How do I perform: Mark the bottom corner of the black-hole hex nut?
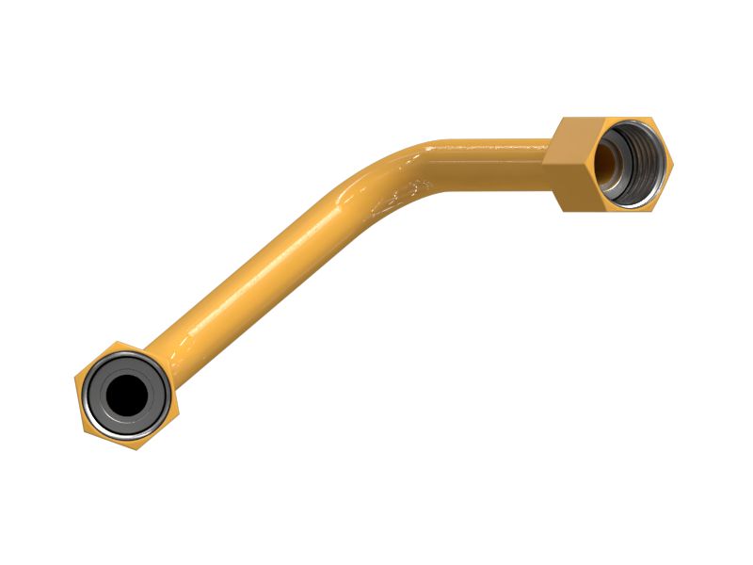135,449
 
